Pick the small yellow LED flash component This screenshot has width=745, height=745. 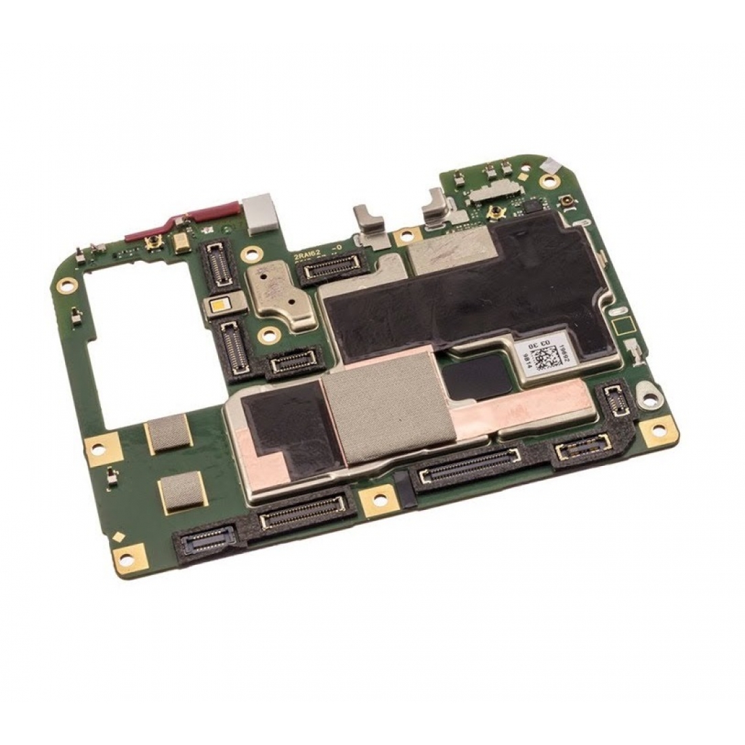(x=218, y=305)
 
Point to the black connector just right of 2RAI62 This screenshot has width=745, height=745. (x=331, y=269)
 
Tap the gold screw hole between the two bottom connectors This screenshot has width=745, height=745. (x=378, y=503)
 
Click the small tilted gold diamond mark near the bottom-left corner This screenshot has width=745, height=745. (x=119, y=538)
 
